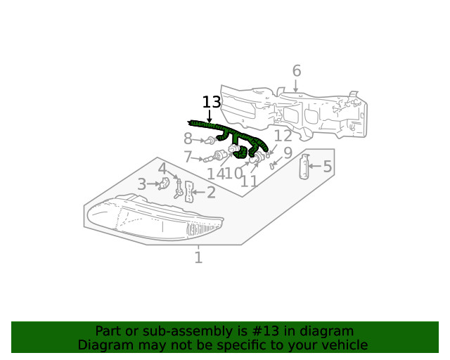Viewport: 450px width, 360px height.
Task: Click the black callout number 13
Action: point(212,102)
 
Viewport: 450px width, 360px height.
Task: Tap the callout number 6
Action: point(296,71)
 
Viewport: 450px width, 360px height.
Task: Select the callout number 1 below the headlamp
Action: point(198,258)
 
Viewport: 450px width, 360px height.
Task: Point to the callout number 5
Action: point(327,167)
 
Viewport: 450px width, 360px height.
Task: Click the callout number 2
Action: point(211,192)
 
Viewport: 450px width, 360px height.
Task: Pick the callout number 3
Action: point(142,184)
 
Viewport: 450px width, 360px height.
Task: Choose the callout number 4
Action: point(162,169)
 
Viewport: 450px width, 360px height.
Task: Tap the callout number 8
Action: point(188,139)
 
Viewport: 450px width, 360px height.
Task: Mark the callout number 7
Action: point(188,157)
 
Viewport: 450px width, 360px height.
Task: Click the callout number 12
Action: point(283,136)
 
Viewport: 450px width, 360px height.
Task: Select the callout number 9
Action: point(288,153)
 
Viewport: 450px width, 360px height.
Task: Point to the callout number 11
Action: point(249,181)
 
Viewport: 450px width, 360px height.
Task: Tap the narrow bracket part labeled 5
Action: point(304,167)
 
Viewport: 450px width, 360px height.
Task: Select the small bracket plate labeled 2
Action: point(189,191)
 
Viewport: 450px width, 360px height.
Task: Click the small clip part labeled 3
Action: point(164,184)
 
